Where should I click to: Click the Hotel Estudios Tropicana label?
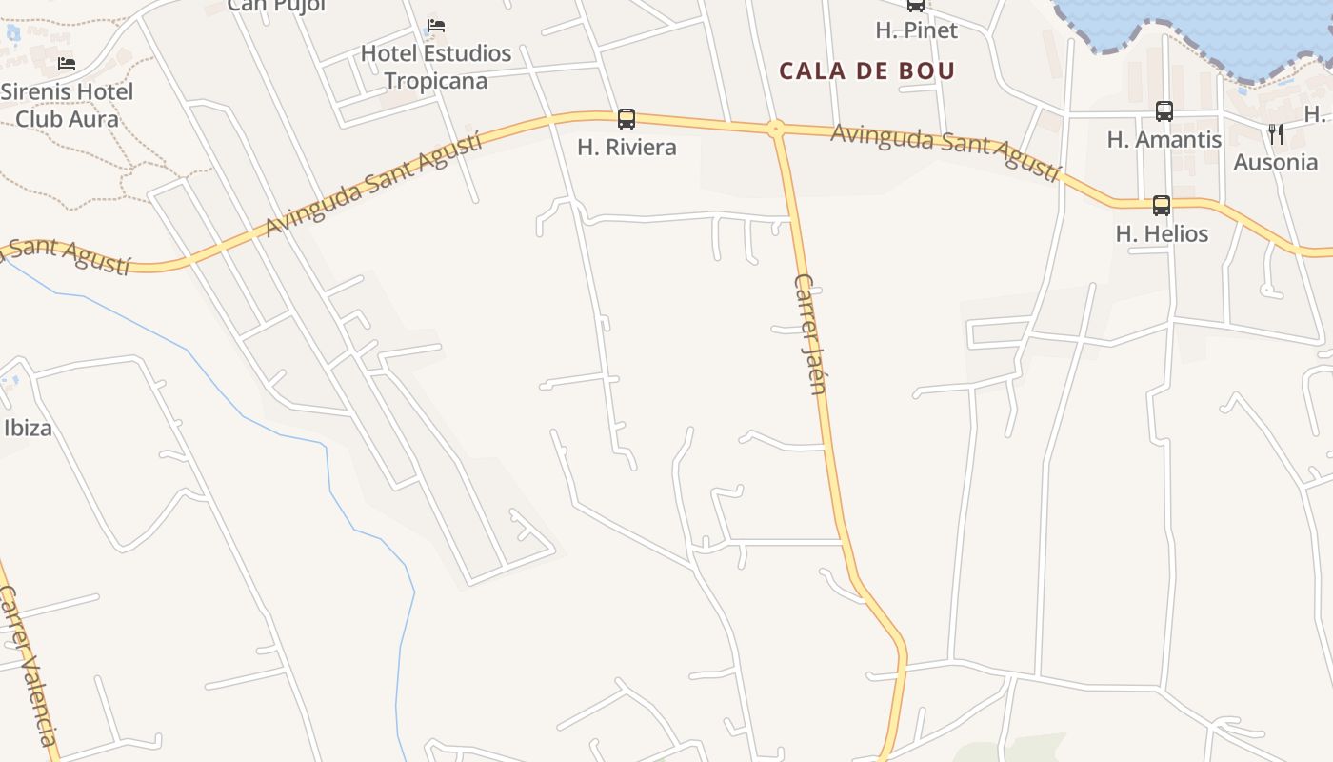[436, 67]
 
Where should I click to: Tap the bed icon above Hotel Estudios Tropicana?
[436, 25]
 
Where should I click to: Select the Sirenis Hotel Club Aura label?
[67, 105]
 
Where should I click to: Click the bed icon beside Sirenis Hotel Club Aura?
[67, 64]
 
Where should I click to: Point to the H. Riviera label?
[627, 147]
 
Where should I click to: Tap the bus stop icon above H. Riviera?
[627, 119]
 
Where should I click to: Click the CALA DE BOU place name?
[866, 70]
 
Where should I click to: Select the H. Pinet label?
[916, 30]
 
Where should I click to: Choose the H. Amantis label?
[1164, 139]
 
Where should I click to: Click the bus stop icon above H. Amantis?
[1164, 111]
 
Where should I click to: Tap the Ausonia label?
[1276, 162]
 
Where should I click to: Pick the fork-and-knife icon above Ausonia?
[1276, 134]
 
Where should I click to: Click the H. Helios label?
[1162, 233]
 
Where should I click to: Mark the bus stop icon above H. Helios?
[1162, 205]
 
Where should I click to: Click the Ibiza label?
[28, 428]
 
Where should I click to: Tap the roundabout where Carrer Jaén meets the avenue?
[776, 128]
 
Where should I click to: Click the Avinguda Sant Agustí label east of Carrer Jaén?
[945, 150]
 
